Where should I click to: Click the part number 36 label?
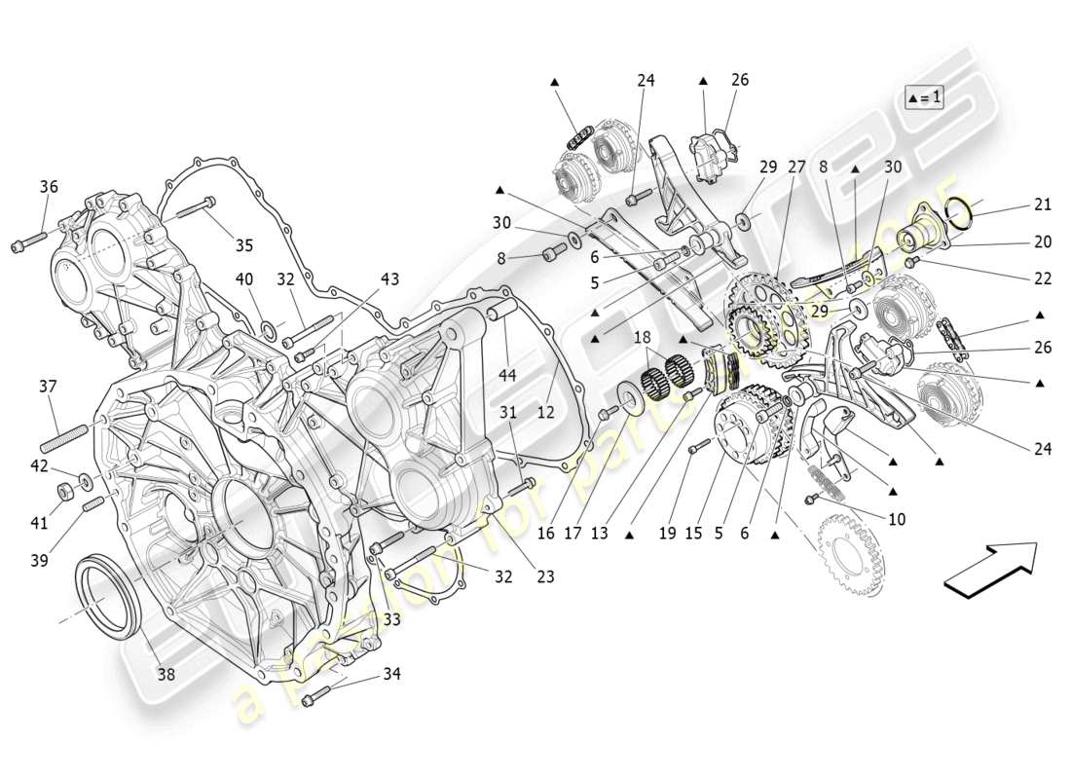tap(49, 187)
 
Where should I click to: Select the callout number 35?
tap(243, 245)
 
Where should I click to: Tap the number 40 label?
tap(244, 279)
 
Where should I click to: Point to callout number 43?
tap(389, 279)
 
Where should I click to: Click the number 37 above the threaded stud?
tap(49, 387)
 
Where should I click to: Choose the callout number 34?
tap(390, 673)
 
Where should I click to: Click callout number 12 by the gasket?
tap(545, 413)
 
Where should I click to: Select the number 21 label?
tap(1043, 204)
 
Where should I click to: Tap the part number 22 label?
tap(1043, 278)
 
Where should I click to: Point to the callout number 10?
tap(896, 520)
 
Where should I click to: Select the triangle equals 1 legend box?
tap(924, 97)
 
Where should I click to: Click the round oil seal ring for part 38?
tap(105, 595)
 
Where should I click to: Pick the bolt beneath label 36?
tap(29, 242)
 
